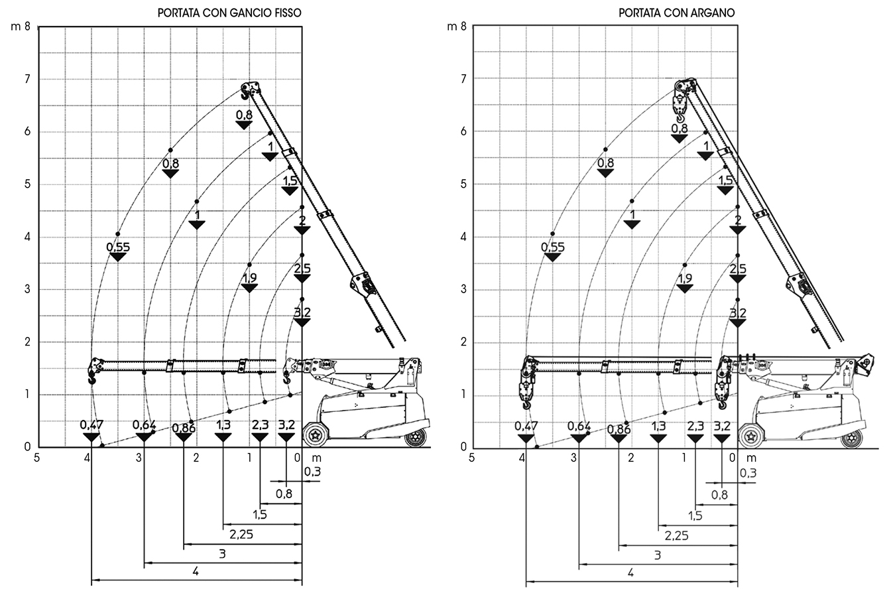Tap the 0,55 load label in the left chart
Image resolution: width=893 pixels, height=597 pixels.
tap(119, 247)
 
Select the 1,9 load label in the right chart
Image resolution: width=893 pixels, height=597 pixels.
tap(685, 279)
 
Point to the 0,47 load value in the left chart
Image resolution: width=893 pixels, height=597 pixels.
tap(91, 425)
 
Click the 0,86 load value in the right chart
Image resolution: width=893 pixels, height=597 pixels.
tap(619, 429)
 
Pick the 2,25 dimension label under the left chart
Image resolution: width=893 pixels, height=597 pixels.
tap(242, 533)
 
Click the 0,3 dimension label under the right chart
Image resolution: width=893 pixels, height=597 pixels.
tap(747, 472)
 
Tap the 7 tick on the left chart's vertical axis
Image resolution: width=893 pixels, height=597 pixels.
tap(27, 79)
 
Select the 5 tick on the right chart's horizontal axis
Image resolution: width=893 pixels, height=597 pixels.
tap(471, 457)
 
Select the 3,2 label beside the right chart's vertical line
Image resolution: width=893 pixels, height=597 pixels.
tap(738, 312)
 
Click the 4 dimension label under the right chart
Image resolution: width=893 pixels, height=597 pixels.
tap(630, 572)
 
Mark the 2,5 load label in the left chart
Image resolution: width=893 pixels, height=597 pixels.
tap(302, 269)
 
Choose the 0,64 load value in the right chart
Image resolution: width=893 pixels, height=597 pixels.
tap(579, 425)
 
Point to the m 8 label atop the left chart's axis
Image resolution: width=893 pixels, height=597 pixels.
tap(21, 27)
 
